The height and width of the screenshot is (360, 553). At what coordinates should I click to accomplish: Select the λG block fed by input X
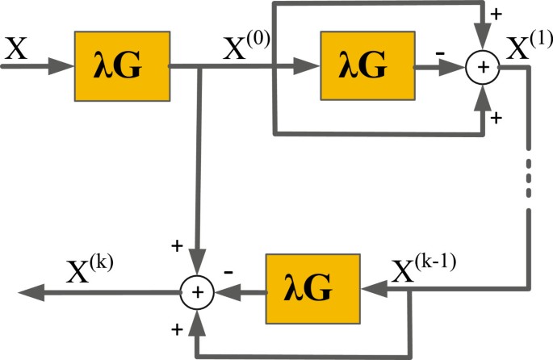coord(122,67)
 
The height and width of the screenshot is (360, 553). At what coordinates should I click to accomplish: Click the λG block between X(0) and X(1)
coord(366,67)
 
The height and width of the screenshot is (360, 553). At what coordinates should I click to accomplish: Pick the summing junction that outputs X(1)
coord(483,68)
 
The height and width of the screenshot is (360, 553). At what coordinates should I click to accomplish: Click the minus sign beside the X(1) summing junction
coord(440,52)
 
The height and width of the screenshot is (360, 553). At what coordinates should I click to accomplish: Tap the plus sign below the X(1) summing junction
coord(496,118)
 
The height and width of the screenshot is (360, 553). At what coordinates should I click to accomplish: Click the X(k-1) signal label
coord(423,270)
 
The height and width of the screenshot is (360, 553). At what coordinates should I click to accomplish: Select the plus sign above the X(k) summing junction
coord(178,245)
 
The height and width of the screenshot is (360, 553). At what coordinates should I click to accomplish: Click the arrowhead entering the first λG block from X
coord(61,68)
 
